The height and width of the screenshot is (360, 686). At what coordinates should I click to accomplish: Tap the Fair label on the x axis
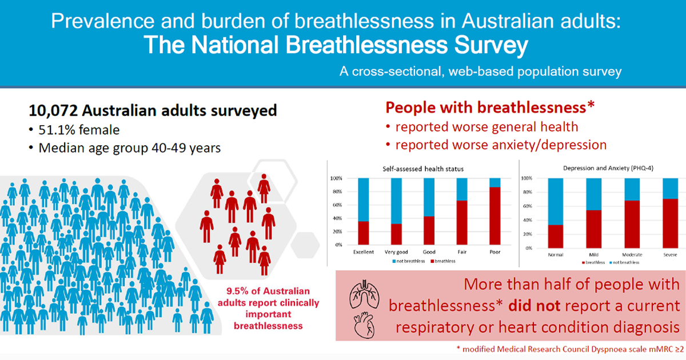pyautogui.click(x=461, y=252)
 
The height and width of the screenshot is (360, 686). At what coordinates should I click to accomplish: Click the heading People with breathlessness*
pyautogui.click(x=490, y=107)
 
